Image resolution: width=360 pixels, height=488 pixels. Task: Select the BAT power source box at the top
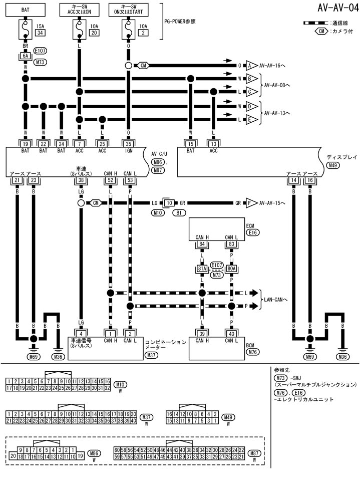coord(25,9)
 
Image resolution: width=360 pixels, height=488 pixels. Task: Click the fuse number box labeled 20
coord(94,33)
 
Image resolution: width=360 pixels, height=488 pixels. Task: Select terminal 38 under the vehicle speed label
coord(81,180)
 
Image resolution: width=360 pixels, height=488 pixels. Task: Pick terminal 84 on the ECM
coord(202,244)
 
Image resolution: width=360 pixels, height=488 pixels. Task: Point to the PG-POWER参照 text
coord(180,22)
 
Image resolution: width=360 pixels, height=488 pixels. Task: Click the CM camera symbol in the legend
coord(320,31)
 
